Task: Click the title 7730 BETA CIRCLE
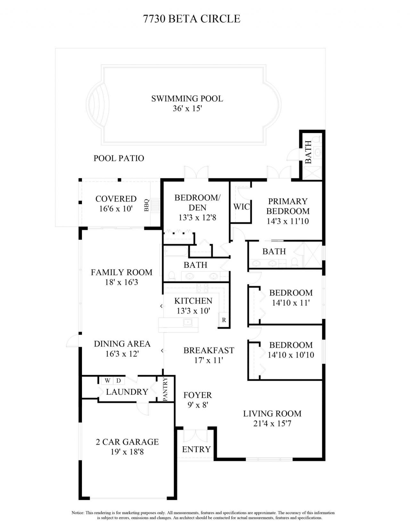pos(192,19)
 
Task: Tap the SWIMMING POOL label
pos(187,98)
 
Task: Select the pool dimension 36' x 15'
pos(187,109)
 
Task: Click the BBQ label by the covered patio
pos(147,205)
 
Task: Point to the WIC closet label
pos(241,207)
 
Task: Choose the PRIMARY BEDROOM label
pos(288,206)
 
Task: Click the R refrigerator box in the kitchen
pos(224,320)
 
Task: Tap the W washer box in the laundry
pos(108,381)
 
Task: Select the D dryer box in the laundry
pos(119,381)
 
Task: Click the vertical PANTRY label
pos(165,389)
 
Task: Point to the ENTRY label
pos(196,449)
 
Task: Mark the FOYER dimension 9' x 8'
pos(198,405)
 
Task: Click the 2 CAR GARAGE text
pos(127,442)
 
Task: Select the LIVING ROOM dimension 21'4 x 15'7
pos(272,424)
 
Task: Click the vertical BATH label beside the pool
pos(308,152)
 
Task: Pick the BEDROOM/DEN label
pos(197,203)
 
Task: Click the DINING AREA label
pos(122,344)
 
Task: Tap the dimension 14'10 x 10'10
pos(291,355)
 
